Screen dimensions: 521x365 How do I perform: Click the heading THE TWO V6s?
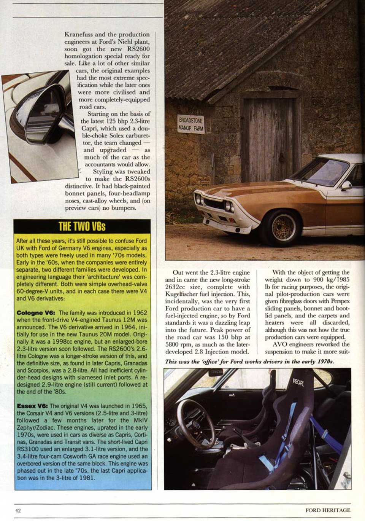click(82, 226)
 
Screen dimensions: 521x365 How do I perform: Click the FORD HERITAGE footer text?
click(327, 510)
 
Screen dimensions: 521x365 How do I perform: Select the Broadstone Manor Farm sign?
click(191, 124)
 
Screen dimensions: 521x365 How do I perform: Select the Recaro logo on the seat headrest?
click(298, 382)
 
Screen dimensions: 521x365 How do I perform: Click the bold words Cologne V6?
click(36, 313)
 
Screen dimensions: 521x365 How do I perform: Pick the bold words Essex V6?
click(32, 406)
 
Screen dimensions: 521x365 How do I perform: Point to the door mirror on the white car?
click(346, 185)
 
